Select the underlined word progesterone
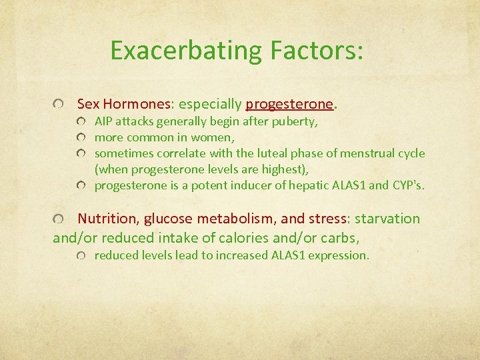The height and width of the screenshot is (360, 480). click(289, 104)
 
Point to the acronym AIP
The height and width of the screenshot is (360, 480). click(104, 122)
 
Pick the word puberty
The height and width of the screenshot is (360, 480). click(294, 122)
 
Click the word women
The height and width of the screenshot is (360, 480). click(213, 137)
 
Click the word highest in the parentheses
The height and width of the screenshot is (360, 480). click(284, 169)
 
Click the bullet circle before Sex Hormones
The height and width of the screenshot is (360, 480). click(61, 105)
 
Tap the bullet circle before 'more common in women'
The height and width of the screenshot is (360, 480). click(81, 138)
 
